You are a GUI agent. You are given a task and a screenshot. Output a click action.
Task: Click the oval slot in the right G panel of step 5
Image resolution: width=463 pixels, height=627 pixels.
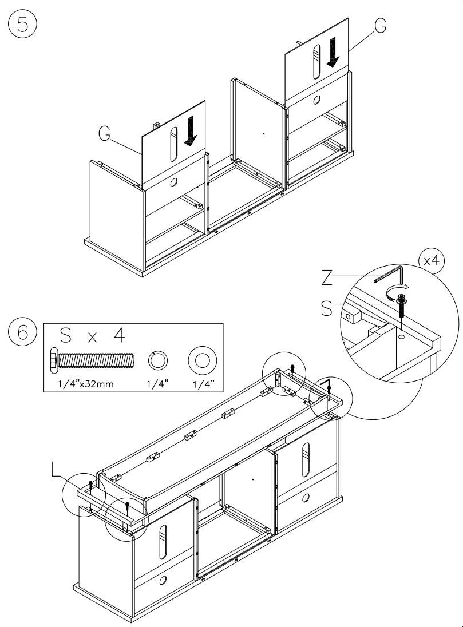coord(315,64)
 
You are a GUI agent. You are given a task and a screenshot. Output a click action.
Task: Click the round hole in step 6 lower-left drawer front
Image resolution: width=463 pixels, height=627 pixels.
coord(163,580)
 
